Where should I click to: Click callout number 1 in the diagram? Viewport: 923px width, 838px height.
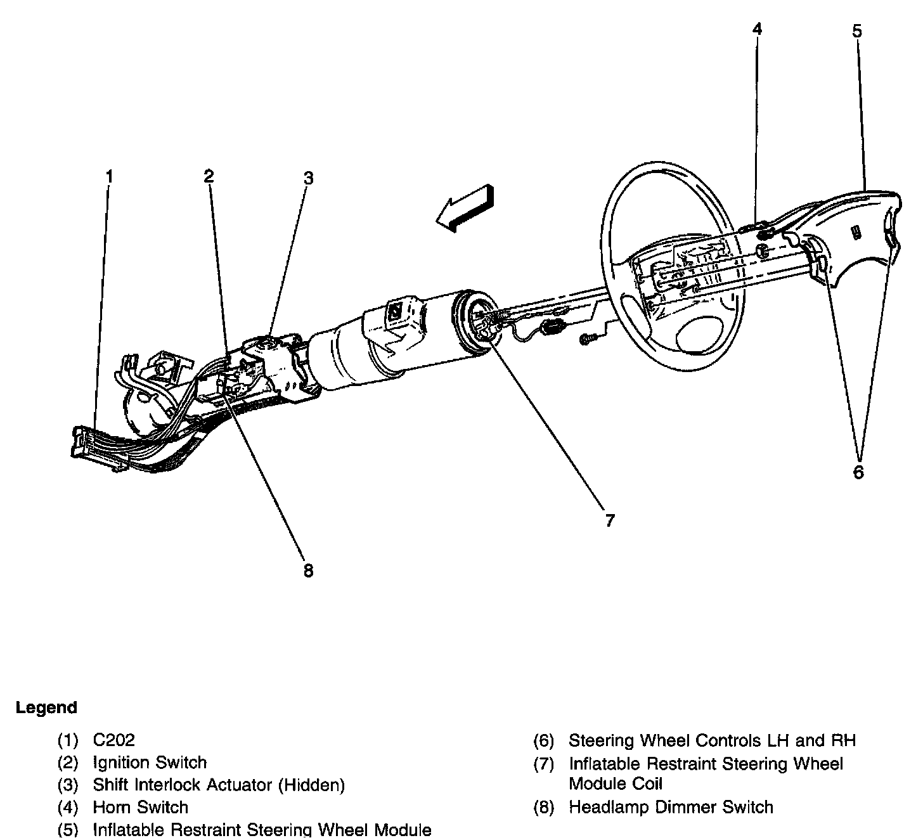click(109, 176)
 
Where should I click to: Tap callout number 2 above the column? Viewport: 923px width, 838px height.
click(209, 176)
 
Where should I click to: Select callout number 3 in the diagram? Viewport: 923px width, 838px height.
click(308, 177)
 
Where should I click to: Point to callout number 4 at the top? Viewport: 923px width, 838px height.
click(757, 29)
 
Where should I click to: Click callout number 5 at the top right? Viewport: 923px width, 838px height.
click(857, 30)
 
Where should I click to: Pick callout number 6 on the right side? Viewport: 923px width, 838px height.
click(858, 472)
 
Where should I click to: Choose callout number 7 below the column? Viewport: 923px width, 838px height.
click(609, 520)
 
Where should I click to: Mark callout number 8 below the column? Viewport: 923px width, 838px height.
click(308, 570)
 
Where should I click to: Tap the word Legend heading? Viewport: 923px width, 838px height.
click(46, 707)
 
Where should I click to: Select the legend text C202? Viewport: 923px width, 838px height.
click(114, 740)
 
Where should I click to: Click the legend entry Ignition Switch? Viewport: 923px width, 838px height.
click(150, 763)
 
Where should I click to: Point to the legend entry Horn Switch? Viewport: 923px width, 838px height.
click(140, 808)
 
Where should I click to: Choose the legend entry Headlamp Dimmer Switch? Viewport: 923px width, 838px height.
click(671, 807)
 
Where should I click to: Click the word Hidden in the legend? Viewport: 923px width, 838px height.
click(311, 785)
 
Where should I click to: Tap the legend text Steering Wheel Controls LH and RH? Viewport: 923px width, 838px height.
click(712, 740)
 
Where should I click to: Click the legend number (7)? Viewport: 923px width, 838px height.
click(544, 764)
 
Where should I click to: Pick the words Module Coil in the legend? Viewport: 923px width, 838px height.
click(615, 784)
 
